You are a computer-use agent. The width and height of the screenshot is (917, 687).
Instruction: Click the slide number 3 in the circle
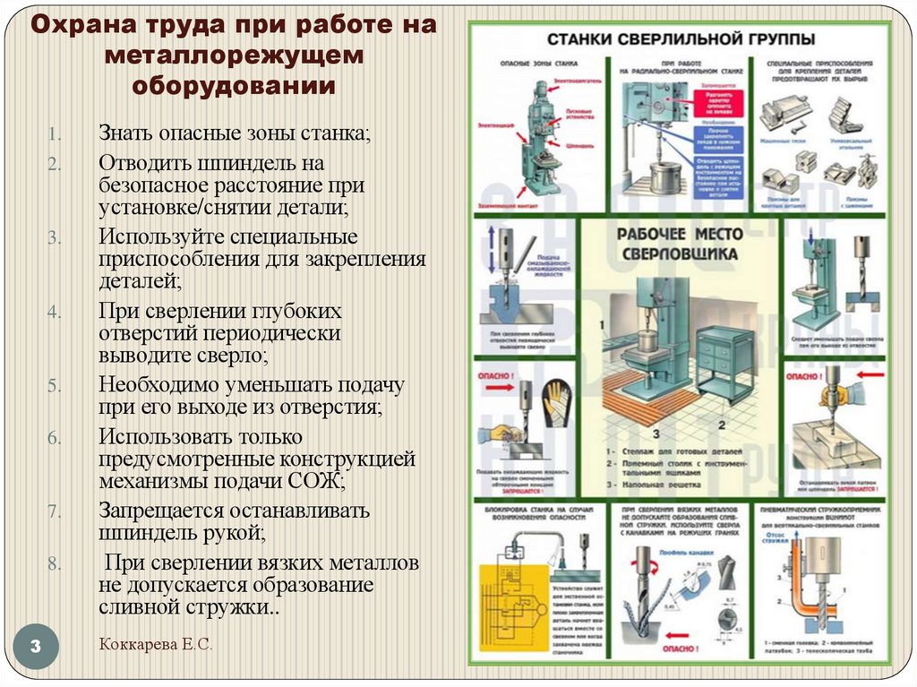(x=37, y=648)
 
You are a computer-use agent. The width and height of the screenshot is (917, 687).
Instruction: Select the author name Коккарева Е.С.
(x=156, y=644)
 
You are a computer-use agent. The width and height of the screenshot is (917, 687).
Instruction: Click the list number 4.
(x=54, y=313)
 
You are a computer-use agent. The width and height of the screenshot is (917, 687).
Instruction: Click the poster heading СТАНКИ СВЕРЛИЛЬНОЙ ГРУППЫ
(x=681, y=39)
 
